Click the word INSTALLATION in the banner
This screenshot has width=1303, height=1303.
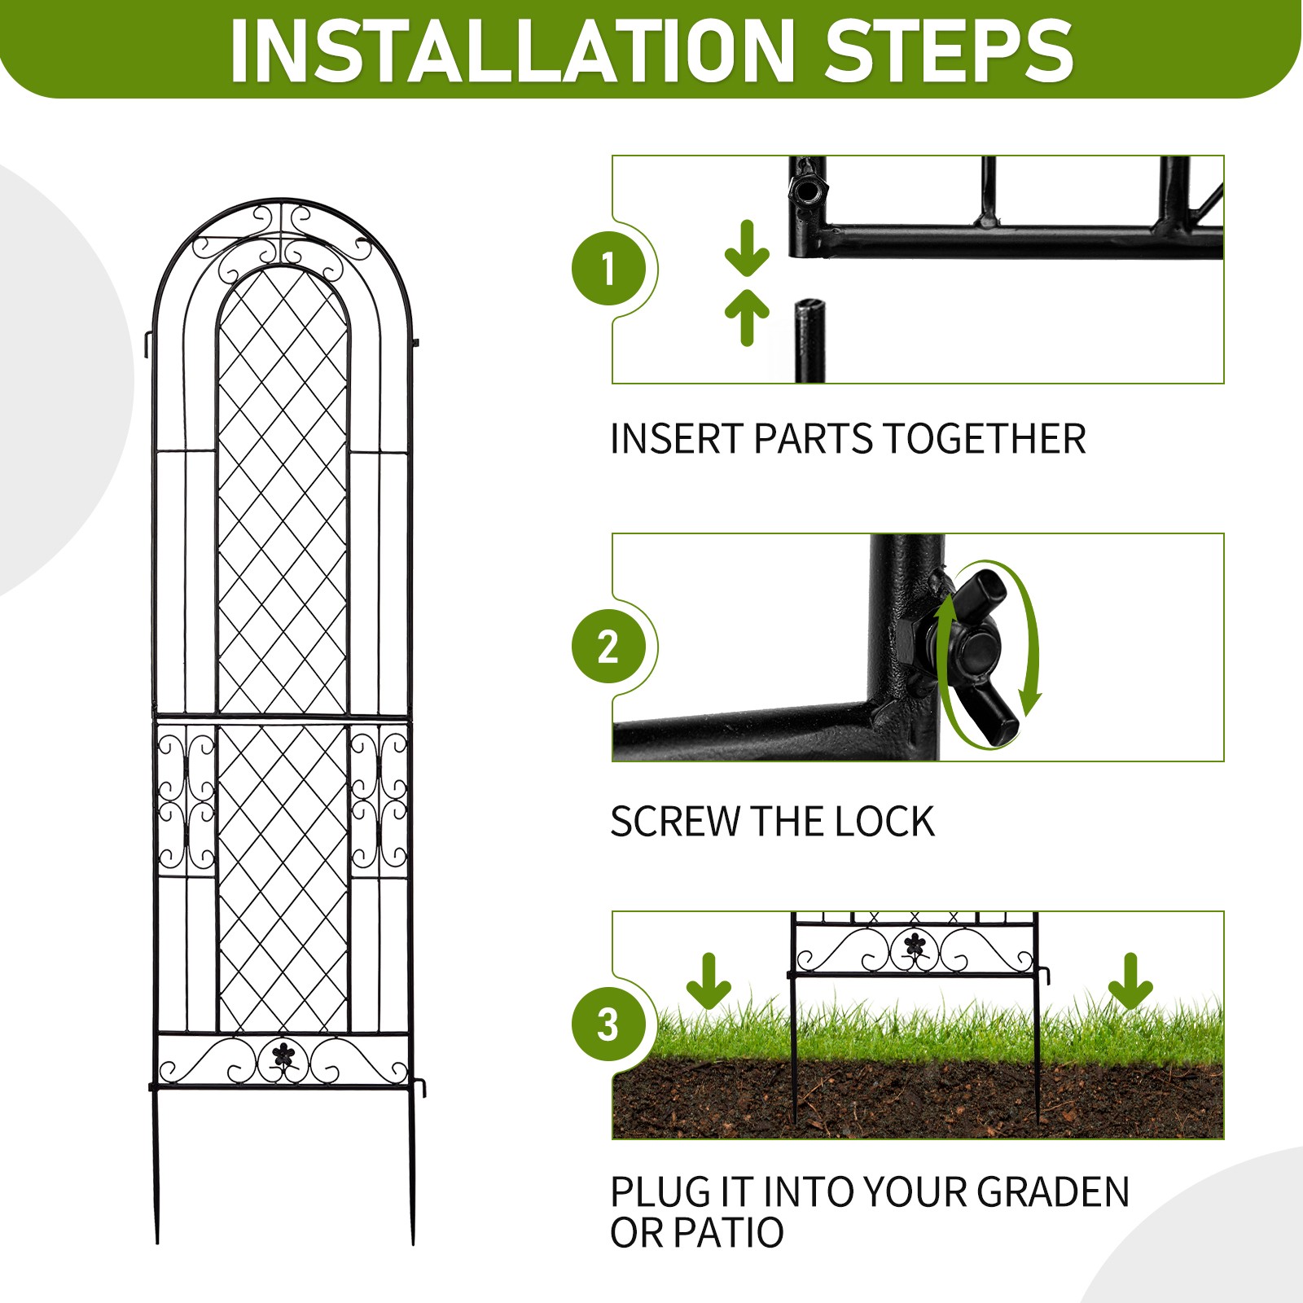tap(511, 50)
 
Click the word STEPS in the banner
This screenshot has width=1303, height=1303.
tap(949, 50)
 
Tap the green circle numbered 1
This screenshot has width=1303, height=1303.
tap(609, 269)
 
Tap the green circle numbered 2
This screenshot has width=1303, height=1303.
tap(609, 647)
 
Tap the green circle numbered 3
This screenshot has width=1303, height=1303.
tap(609, 1024)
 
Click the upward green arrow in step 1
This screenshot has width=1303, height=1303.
tap(747, 316)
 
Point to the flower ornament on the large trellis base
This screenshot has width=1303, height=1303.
tap(283, 1055)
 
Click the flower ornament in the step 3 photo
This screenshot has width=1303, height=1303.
tap(915, 945)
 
